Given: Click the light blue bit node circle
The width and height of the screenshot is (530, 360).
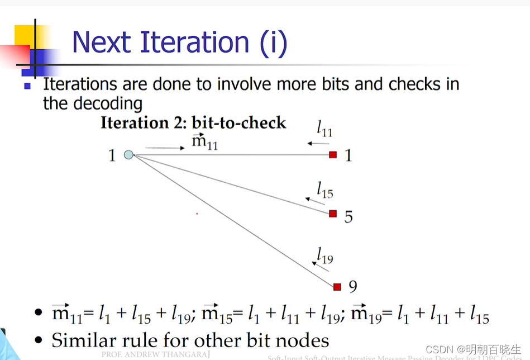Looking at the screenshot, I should point(128,155).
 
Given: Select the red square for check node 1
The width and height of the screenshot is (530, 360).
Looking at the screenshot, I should point(333,155).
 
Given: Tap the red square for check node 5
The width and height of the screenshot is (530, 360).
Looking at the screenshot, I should point(333,214).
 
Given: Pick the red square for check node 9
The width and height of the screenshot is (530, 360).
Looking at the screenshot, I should point(337,287).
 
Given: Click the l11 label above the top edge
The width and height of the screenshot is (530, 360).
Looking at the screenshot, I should point(324,130).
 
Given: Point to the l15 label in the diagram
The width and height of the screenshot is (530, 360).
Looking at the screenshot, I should point(324,190).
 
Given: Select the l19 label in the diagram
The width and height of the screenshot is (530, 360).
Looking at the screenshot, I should point(324,256).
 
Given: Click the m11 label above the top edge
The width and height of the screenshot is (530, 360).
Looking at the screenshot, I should point(204,142).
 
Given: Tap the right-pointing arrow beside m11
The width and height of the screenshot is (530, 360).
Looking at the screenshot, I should point(165,148).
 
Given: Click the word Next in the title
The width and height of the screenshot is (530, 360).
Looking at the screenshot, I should point(102,43).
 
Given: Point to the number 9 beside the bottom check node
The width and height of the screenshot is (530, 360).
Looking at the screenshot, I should point(353,287).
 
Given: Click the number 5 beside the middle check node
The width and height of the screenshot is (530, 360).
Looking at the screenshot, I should point(348,217).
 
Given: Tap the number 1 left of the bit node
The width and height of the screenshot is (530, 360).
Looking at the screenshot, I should point(112,155).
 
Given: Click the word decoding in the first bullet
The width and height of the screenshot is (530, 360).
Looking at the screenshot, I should point(109,103).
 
